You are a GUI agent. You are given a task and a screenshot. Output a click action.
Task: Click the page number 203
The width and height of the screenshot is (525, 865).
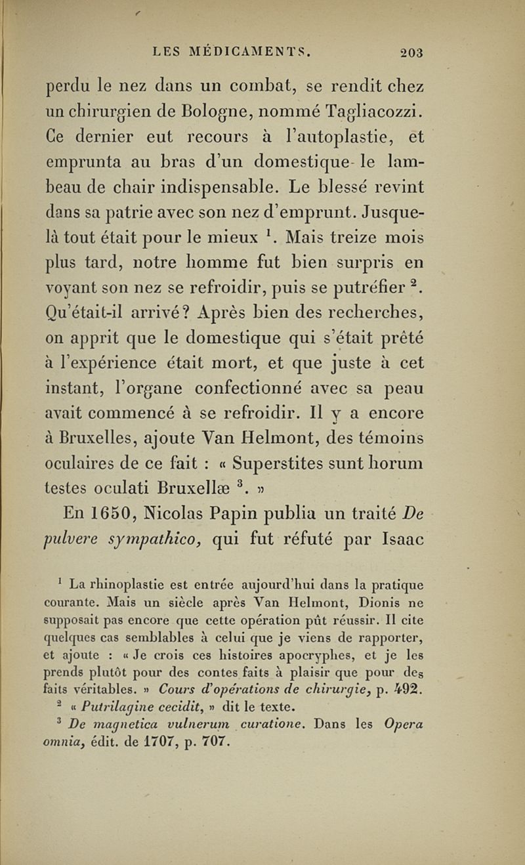(x=410, y=53)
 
